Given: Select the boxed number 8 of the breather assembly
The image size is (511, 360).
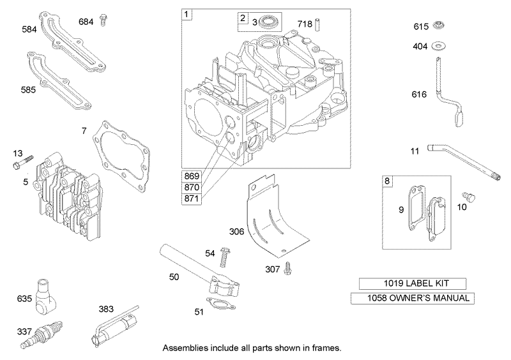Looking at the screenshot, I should (388, 181).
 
